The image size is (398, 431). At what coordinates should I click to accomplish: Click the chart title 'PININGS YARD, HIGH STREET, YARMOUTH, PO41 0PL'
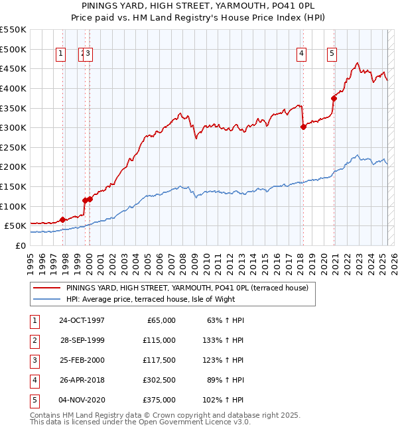(198, 6)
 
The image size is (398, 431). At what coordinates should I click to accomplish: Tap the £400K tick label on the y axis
(13, 88)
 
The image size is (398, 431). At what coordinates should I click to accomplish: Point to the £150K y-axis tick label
(13, 186)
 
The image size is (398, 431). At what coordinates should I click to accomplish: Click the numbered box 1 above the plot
(61, 54)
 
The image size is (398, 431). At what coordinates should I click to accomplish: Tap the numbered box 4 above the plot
(301, 54)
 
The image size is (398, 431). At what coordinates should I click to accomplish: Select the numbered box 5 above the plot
(331, 54)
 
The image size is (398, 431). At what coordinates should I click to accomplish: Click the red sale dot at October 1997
(63, 219)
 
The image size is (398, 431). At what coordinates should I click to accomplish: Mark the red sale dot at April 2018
(303, 127)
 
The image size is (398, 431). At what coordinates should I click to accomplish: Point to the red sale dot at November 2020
(334, 98)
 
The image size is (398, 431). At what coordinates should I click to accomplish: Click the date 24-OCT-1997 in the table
(82, 320)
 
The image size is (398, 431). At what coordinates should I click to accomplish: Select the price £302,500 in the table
(160, 380)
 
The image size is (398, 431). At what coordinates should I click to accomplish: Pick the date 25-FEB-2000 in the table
(82, 360)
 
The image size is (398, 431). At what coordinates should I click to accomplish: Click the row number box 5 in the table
(33, 400)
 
